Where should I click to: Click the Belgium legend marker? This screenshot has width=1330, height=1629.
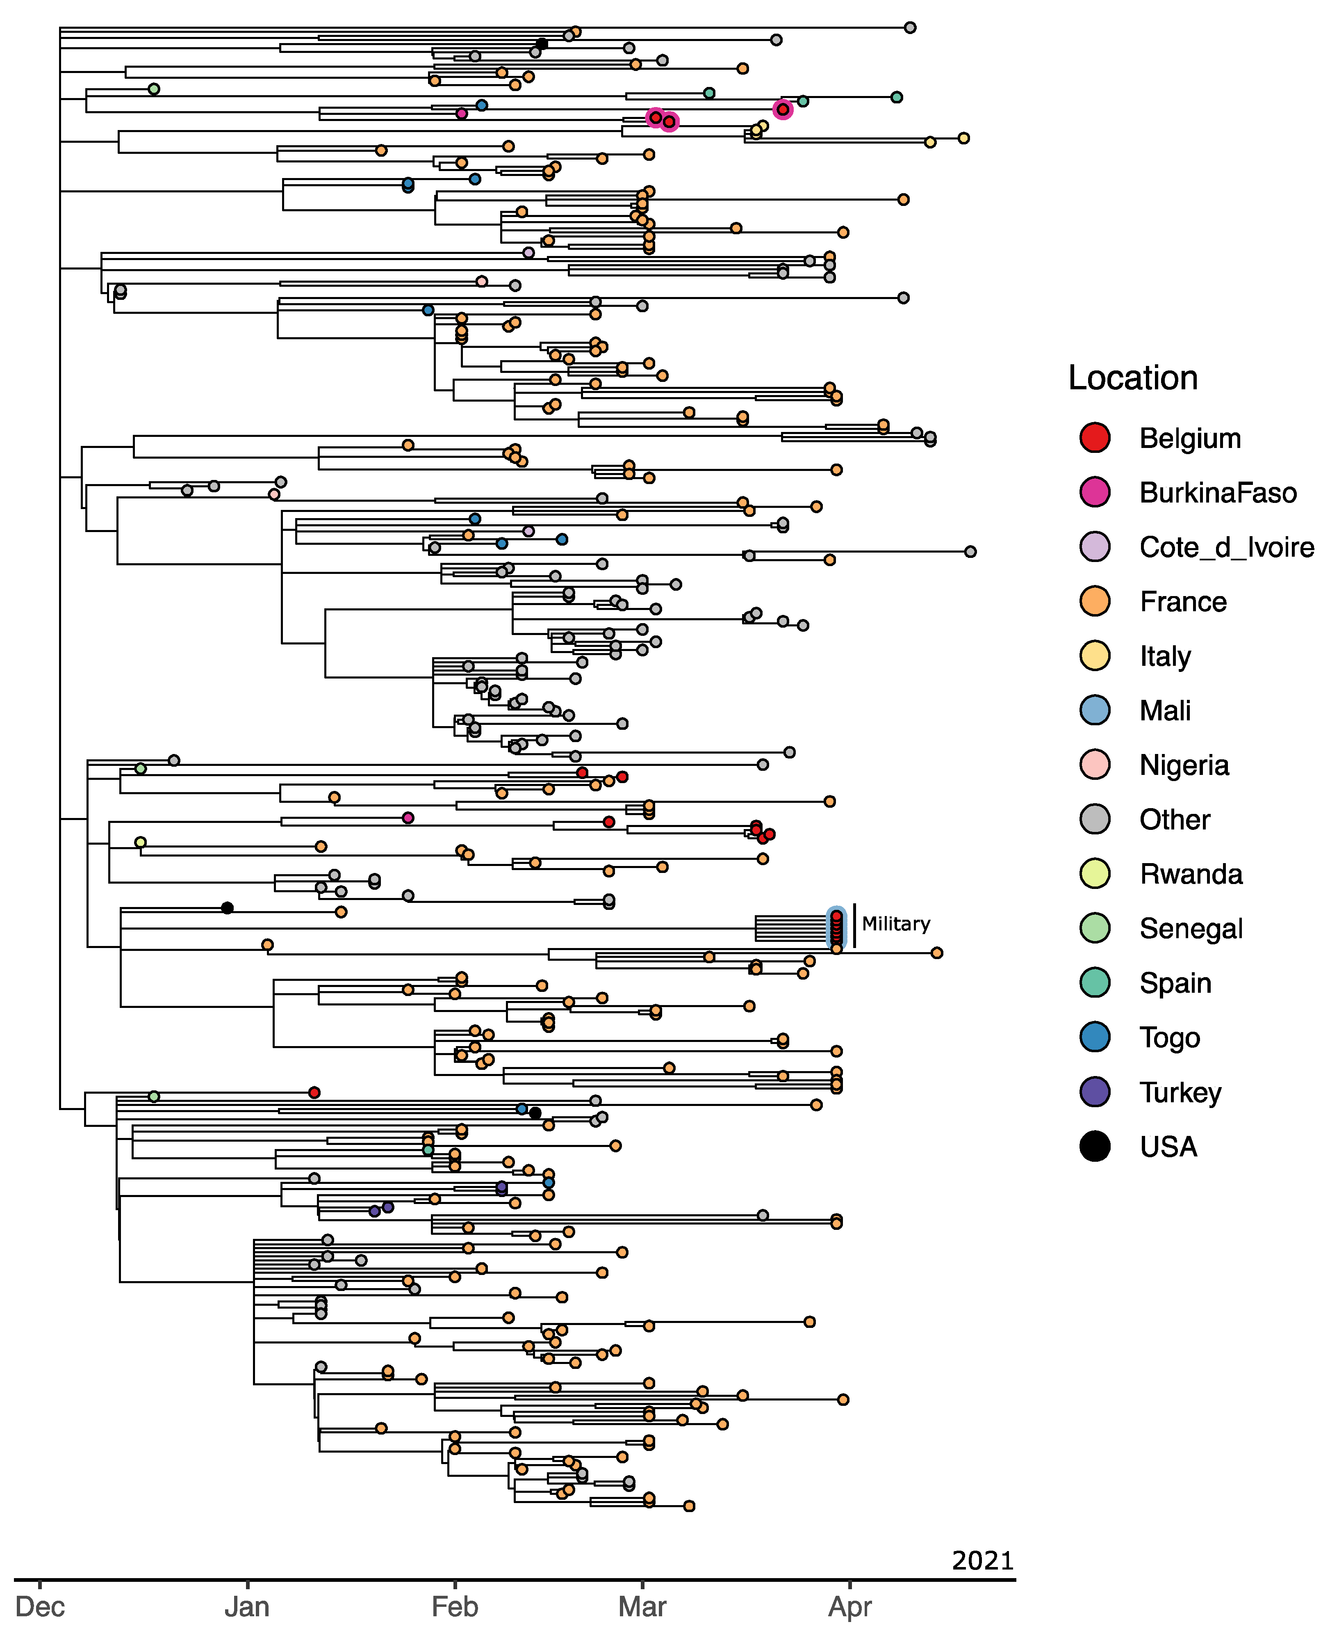coord(1095,438)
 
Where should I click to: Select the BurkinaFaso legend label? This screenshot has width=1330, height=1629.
coord(1217,493)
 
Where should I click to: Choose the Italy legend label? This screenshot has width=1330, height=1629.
coord(1164,656)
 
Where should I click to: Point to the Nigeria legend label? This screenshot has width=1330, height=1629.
coord(1184,765)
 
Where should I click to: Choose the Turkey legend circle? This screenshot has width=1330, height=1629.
coord(1095,1092)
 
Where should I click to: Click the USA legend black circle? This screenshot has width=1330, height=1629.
coord(1095,1146)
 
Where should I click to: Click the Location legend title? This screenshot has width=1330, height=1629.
coord(1132,378)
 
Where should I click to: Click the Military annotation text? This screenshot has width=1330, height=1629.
coord(895,924)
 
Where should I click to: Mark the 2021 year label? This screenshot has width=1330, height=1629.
coord(982,1560)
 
